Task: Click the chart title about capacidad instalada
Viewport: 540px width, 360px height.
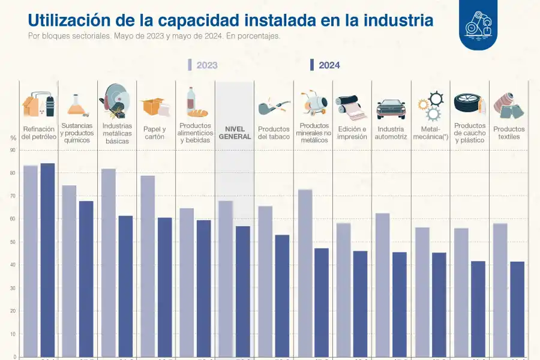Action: pyautogui.click(x=230, y=20)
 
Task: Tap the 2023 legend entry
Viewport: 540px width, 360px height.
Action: pyautogui.click(x=203, y=65)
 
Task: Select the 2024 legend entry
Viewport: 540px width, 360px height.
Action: pyautogui.click(x=325, y=65)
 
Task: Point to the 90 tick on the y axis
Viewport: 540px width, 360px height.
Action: pyautogui.click(x=13, y=150)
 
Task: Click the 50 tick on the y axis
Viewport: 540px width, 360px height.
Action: pyautogui.click(x=13, y=242)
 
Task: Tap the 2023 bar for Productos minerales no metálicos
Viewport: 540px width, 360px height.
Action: pyautogui.click(x=305, y=273)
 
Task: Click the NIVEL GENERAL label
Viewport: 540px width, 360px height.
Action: pyautogui.click(x=234, y=133)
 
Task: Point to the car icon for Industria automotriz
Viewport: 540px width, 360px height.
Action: pyautogui.click(x=391, y=109)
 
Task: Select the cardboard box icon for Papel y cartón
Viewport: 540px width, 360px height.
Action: pyautogui.click(x=155, y=107)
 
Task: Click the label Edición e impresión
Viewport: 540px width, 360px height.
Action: pyautogui.click(x=352, y=133)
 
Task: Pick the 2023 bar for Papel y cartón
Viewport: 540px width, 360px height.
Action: pyautogui.click(x=148, y=266)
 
